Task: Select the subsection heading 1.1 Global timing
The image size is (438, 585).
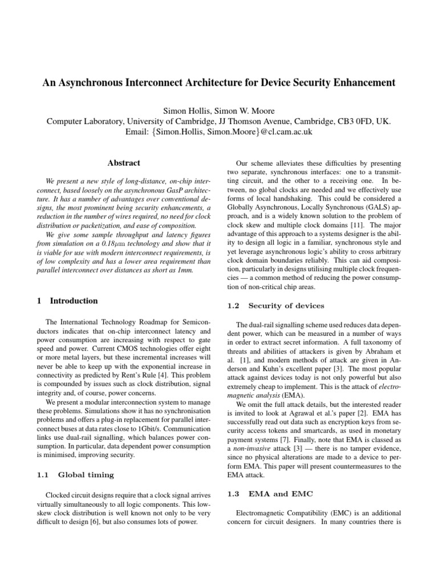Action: [x=78, y=474]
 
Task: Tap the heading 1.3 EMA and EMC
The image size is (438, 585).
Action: [x=267, y=493]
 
